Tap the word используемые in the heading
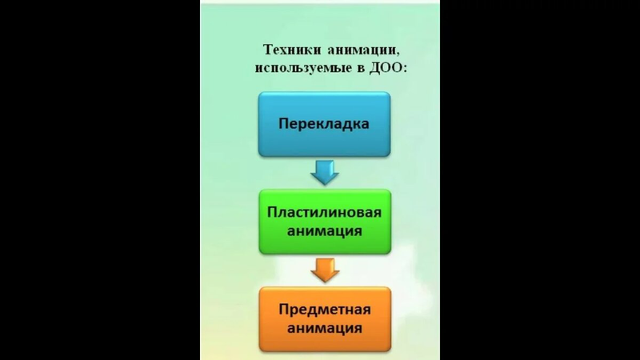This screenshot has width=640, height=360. (302, 68)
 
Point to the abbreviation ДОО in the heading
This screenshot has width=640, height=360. (387, 68)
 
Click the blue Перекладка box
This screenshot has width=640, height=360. (324, 124)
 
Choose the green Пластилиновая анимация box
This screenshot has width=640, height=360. (324, 222)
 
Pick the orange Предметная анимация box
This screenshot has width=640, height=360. (324, 318)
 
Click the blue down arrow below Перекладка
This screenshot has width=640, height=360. (324, 171)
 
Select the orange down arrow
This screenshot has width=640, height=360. (324, 269)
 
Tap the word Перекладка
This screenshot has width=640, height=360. (324, 124)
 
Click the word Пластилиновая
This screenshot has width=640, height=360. (324, 213)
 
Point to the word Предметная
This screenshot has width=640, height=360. (324, 310)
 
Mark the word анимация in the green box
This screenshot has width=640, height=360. (324, 231)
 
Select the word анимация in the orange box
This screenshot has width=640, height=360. (324, 328)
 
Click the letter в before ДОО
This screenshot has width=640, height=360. (361, 69)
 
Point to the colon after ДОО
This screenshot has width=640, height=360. (406, 70)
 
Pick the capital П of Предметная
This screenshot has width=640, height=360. (282, 310)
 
